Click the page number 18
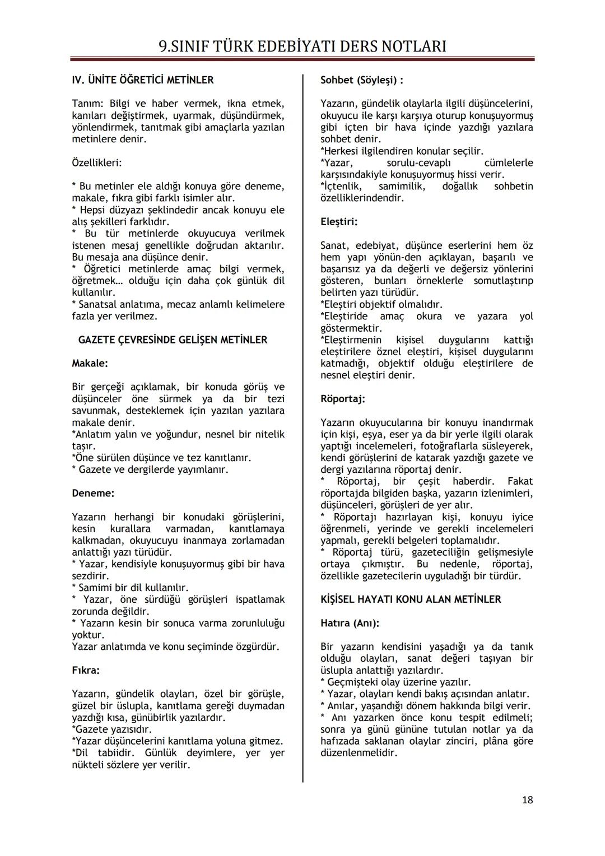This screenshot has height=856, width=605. tap(527, 799)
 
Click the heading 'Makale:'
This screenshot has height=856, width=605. tap(90, 364)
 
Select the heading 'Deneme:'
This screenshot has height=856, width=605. tap(93, 494)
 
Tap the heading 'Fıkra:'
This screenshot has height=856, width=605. tap(86, 671)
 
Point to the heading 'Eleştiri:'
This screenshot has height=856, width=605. tap(339, 222)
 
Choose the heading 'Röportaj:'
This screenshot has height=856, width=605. tap(343, 399)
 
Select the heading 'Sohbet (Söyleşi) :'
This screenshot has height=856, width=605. tap(362, 80)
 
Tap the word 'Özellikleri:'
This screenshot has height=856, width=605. tap(97, 163)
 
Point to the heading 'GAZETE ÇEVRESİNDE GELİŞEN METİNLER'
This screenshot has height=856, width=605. tap(173, 340)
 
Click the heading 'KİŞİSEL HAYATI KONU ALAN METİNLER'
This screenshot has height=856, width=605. tap(411, 599)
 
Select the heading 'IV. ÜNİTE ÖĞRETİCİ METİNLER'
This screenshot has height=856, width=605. tap(143, 80)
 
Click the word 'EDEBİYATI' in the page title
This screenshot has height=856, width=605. tap(317, 46)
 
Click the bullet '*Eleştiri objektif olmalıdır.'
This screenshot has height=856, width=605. tap(381, 305)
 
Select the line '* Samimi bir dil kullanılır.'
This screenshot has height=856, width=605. tap(130, 588)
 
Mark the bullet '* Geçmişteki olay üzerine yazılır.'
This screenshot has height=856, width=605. tap(395, 682)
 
